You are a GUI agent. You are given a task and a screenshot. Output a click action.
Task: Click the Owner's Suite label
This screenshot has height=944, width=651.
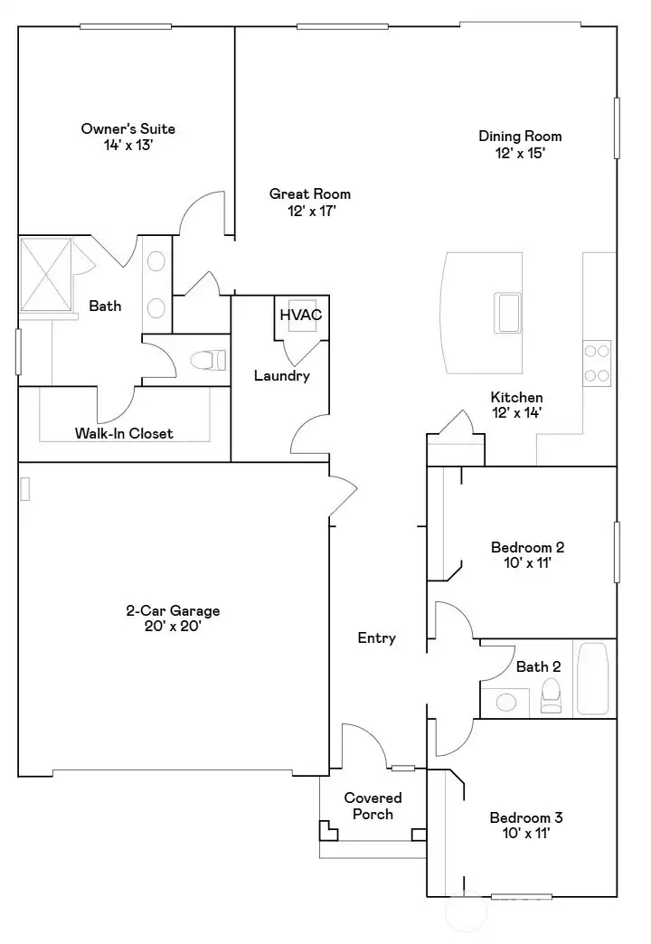127,136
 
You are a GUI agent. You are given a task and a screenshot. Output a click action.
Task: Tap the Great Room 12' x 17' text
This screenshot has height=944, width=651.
309,202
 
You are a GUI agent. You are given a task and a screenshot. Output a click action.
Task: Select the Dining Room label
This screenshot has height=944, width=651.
520,144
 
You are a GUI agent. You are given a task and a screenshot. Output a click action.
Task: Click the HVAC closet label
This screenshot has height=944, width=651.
300,315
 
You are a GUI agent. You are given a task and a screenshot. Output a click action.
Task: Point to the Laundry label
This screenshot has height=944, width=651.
281,375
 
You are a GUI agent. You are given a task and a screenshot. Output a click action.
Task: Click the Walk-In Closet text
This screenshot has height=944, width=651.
124,433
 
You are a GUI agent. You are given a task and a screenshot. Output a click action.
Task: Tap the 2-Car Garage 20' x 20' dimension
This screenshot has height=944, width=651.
172,618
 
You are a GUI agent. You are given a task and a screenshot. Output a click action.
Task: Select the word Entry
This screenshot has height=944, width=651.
376,637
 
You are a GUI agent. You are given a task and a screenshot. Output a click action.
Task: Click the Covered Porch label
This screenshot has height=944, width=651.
373,806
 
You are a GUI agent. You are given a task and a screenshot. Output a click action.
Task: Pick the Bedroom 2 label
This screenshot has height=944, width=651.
527,554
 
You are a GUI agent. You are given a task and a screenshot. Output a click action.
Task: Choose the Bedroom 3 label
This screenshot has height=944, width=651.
526,826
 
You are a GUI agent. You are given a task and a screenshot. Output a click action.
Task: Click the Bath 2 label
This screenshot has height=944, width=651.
538,666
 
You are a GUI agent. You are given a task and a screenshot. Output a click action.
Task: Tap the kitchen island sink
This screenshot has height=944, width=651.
507,313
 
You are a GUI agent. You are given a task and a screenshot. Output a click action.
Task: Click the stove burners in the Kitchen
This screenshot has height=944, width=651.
597,362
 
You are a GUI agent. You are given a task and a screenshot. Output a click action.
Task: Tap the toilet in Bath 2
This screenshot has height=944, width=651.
551,697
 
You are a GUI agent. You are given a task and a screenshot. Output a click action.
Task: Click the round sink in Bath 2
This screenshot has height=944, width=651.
507,702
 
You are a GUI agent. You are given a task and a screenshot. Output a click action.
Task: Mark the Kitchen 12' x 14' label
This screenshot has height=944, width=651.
516,404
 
